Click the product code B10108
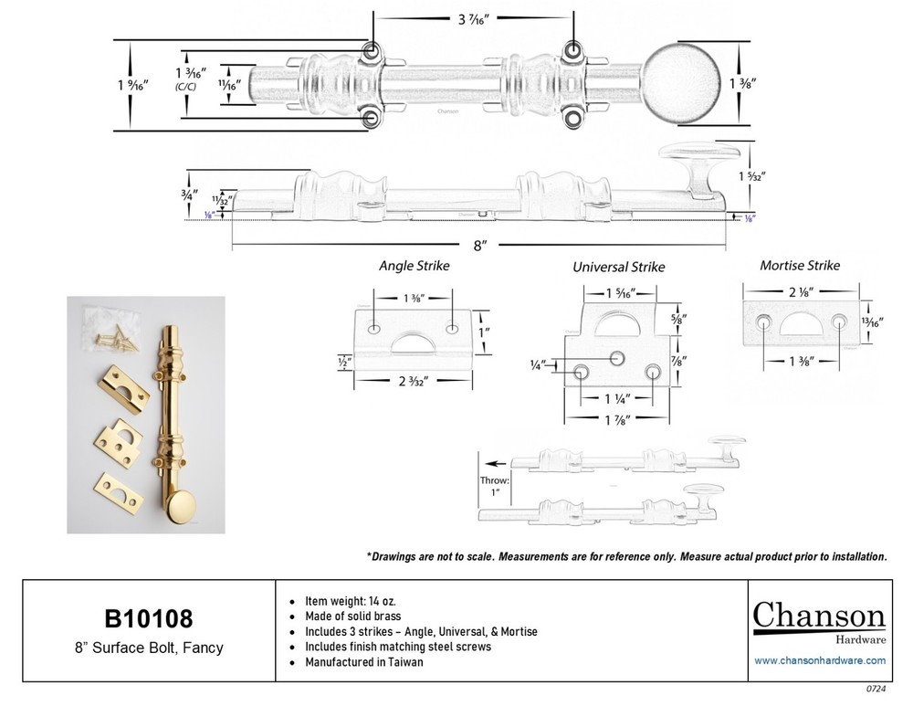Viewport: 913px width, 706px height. point(148,619)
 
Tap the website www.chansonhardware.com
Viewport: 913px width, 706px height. point(819,660)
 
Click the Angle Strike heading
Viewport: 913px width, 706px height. point(414,267)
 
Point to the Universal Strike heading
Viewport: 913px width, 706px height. point(618,267)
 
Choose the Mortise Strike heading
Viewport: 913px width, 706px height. point(800,266)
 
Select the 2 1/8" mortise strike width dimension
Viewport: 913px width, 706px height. point(800,292)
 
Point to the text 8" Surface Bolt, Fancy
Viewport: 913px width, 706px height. point(148,649)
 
